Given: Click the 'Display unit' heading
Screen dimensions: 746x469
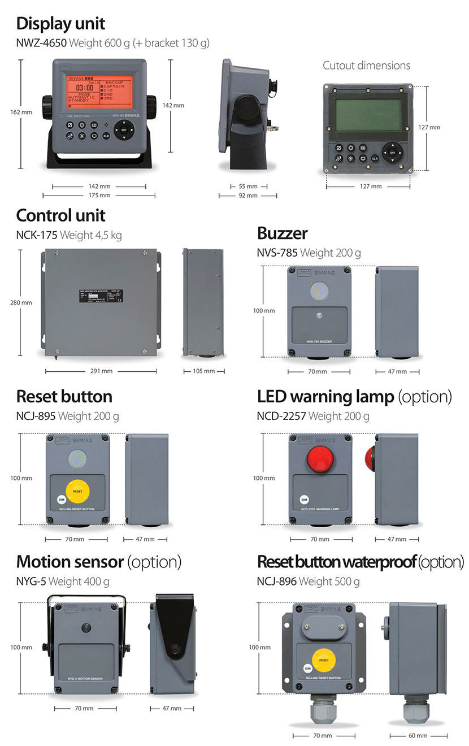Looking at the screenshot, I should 60,24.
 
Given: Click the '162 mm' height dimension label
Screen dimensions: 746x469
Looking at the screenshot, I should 21,112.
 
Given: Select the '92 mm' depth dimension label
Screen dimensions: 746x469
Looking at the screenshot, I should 247,196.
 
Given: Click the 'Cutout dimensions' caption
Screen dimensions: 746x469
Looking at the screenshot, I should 366,66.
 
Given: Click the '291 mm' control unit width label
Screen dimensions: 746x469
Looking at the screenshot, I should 101,371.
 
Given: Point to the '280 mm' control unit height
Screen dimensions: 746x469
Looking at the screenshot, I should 21,302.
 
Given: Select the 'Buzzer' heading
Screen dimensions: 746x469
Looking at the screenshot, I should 282,233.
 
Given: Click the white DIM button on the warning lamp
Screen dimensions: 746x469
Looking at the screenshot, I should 304,500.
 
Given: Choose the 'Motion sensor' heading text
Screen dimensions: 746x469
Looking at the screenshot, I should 70,562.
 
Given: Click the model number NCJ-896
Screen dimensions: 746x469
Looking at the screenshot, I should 277,581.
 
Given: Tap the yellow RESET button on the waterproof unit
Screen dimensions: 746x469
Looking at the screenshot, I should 324,660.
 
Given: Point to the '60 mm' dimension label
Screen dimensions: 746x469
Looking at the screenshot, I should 418,736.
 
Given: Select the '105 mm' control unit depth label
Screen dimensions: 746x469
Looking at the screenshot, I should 204,371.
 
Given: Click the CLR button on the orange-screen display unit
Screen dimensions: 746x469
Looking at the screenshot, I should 106,136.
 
